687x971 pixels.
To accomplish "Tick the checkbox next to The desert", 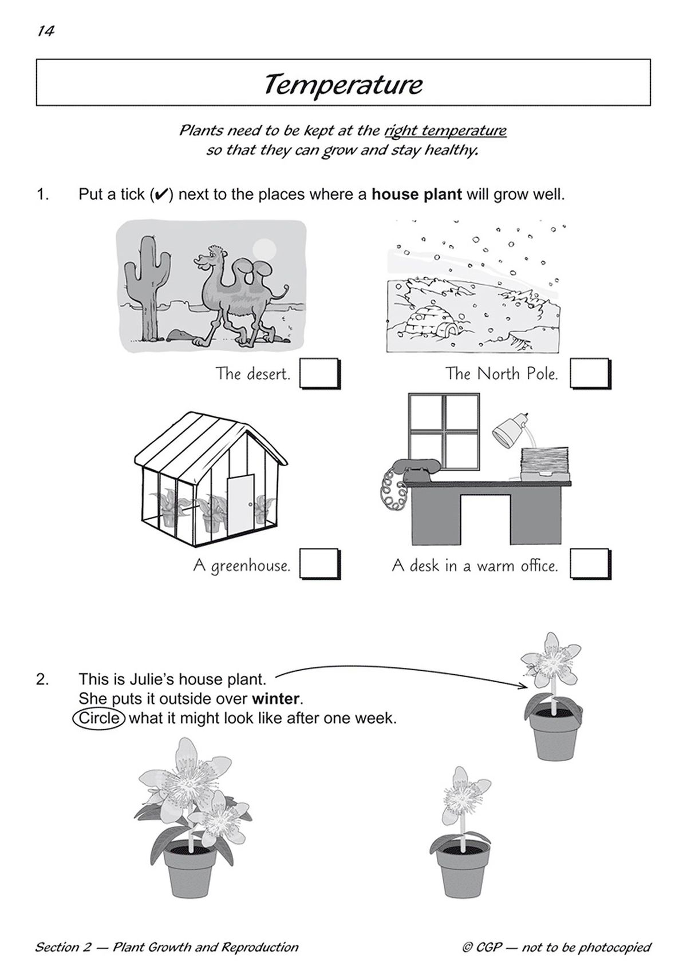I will (x=319, y=373).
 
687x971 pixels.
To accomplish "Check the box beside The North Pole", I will (x=590, y=373).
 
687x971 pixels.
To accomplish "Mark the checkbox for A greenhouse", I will (x=319, y=565).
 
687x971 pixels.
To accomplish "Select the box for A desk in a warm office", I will (x=590, y=565).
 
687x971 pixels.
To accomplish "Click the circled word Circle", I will (x=99, y=718).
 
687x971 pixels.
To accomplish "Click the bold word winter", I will (x=276, y=698).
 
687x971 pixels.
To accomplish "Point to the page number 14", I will (x=45, y=31).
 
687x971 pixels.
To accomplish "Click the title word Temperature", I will (x=343, y=85).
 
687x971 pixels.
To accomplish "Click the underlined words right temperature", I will (x=445, y=131).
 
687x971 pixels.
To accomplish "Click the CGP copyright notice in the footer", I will (x=556, y=947).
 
